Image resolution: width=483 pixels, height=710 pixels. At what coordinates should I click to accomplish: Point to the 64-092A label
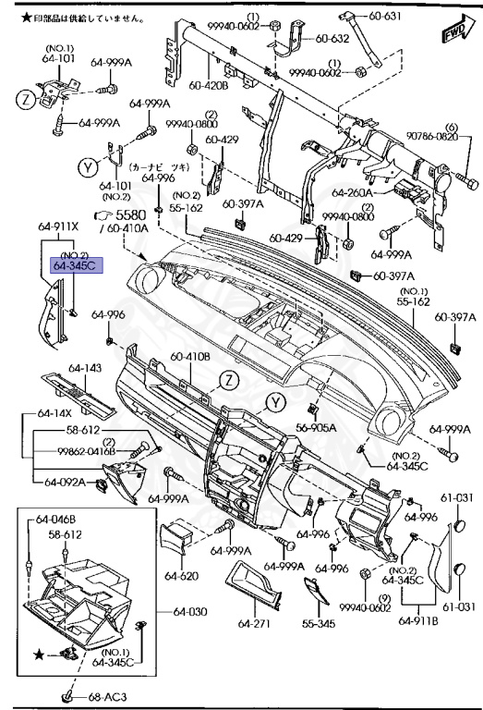[62, 481]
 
